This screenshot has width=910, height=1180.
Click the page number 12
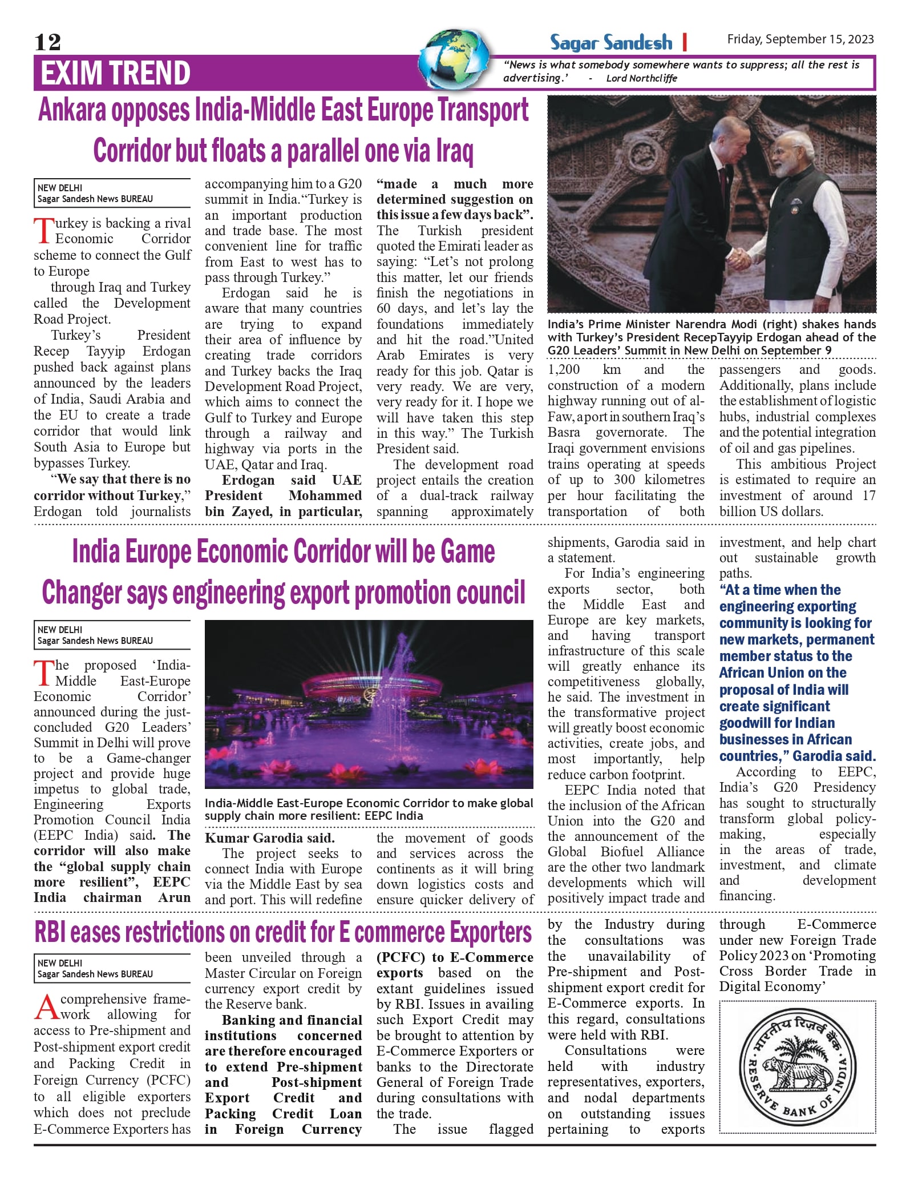(x=47, y=42)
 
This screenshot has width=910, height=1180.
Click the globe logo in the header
(x=455, y=59)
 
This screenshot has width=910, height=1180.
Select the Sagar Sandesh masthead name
(x=610, y=42)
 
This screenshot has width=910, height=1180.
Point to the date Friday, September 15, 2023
(x=800, y=39)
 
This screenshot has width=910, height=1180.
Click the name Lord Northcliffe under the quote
(x=641, y=78)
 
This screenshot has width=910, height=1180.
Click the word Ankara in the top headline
(x=72, y=110)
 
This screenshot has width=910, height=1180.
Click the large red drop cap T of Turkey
(x=43, y=231)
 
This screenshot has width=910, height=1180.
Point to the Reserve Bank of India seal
(x=797, y=1067)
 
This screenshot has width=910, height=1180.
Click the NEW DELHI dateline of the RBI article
(x=60, y=963)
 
